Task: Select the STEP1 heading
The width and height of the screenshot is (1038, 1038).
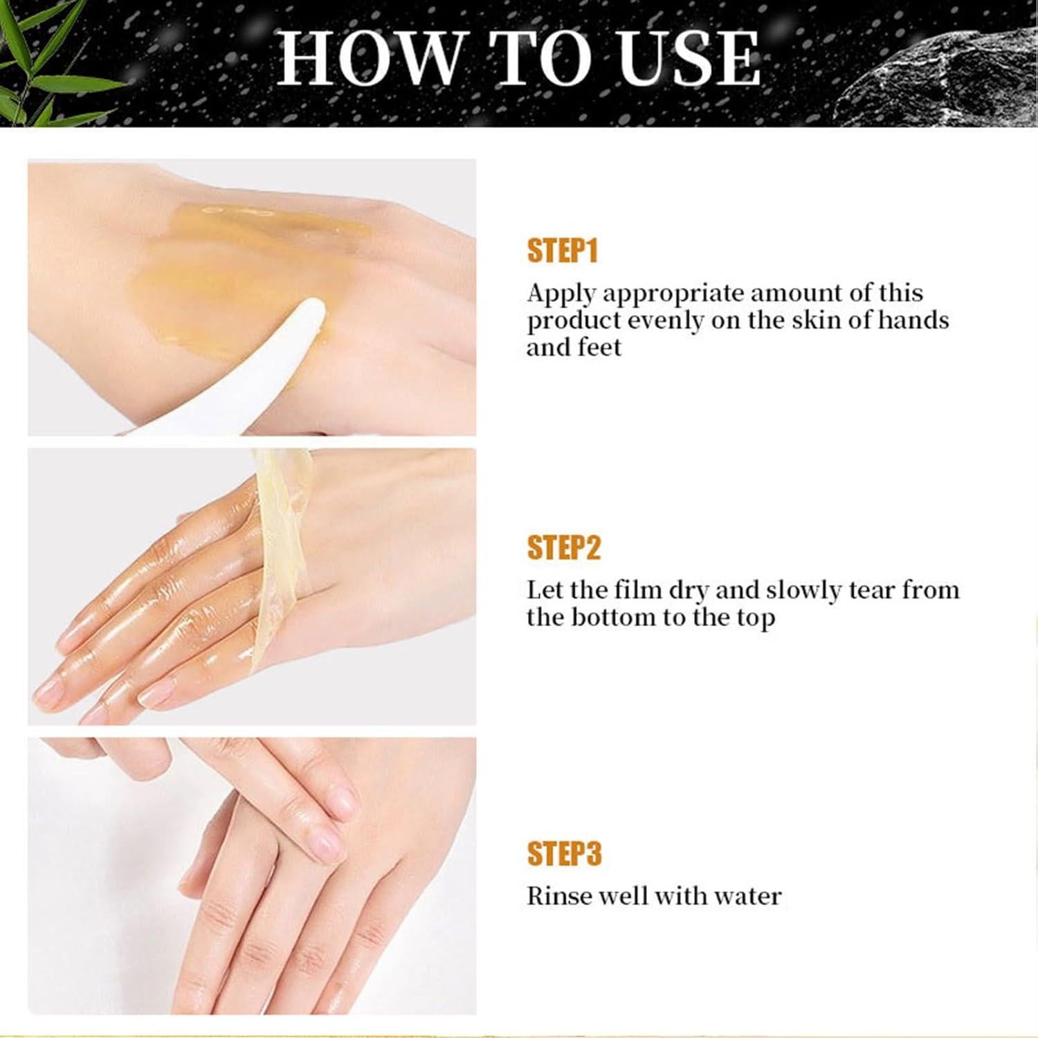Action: (562, 251)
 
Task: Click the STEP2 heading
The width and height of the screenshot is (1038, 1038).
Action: (563, 547)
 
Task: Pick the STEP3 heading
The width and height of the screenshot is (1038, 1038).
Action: (564, 853)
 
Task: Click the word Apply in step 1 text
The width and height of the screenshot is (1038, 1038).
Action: (561, 293)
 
